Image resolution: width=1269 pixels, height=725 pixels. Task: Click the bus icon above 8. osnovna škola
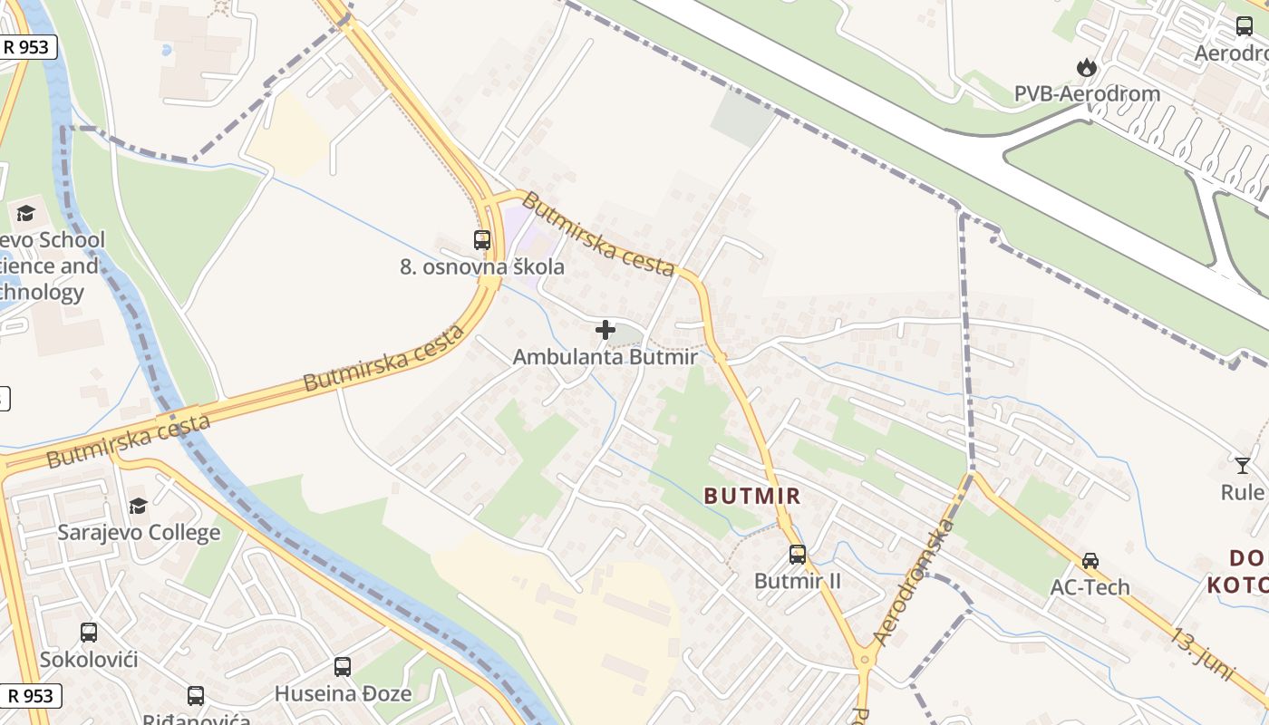(482, 240)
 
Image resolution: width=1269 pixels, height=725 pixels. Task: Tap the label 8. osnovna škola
(482, 266)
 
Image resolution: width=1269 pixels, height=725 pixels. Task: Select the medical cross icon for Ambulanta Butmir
(605, 330)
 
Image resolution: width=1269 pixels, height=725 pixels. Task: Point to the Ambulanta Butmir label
(605, 357)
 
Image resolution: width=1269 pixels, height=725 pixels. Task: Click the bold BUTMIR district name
(752, 496)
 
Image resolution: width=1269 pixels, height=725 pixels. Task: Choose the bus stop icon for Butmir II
(798, 554)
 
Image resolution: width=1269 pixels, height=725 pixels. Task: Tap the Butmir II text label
(798, 581)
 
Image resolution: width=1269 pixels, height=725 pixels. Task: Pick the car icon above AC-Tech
(1090, 561)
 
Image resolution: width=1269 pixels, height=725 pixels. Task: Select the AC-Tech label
(1090, 587)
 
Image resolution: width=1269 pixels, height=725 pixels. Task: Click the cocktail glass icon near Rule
(1242, 466)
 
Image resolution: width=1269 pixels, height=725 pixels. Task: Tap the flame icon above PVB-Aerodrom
(1086, 67)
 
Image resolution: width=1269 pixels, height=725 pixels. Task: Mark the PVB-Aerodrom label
(1087, 93)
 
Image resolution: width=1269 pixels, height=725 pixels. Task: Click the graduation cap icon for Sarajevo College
(138, 506)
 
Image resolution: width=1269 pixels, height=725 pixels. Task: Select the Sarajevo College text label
(139, 532)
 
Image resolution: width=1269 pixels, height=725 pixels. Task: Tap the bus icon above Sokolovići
(89, 633)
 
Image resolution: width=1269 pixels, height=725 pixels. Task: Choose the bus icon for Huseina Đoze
(343, 667)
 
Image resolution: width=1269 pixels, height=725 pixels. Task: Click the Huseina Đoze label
(343, 694)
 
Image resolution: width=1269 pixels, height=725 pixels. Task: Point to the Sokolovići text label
(89, 659)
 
